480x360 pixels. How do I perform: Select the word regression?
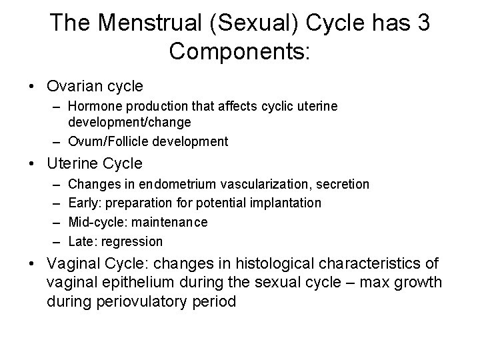coord(131,241)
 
